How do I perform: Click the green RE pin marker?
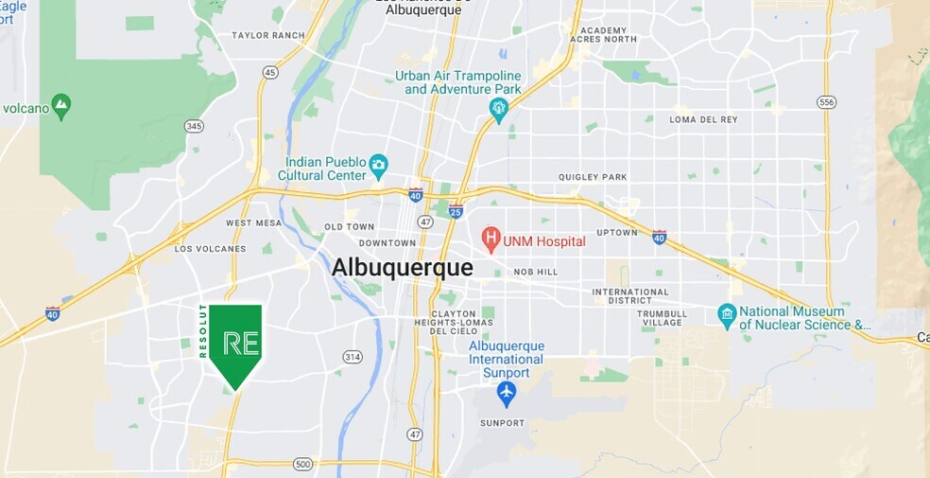click(235, 343)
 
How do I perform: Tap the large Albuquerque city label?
click(402, 268)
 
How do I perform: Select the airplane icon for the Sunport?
click(507, 393)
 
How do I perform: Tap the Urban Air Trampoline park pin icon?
click(499, 110)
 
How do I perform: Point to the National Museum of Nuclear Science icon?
click(726, 313)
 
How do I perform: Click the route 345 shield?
click(195, 125)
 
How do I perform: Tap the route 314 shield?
click(353, 357)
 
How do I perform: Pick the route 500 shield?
click(302, 464)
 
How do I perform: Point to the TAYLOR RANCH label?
click(268, 36)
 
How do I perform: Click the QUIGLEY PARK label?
click(593, 177)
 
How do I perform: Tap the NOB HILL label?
click(536, 272)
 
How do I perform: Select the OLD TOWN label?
click(350, 227)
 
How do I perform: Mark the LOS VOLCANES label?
click(210, 249)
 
